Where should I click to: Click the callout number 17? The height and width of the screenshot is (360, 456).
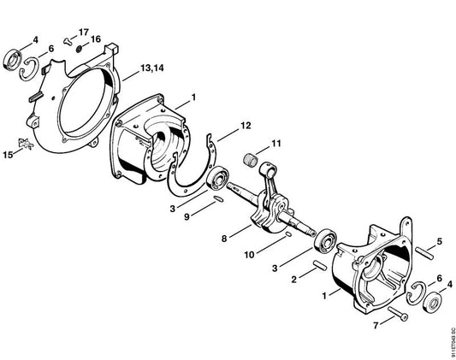pyautogui.click(x=84, y=32)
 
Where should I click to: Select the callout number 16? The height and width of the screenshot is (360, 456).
pyautogui.click(x=95, y=39)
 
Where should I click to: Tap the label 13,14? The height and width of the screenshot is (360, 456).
pyautogui.click(x=152, y=68)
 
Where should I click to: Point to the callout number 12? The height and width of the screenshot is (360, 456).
pyautogui.click(x=246, y=126)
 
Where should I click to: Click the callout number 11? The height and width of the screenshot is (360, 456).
pyautogui.click(x=276, y=144)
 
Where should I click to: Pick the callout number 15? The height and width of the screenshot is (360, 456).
pyautogui.click(x=9, y=155)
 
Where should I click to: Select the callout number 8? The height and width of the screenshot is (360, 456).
pyautogui.click(x=224, y=239)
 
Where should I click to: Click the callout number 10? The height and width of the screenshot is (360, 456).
pyautogui.click(x=249, y=255)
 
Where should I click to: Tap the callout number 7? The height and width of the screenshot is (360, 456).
pyautogui.click(x=376, y=326)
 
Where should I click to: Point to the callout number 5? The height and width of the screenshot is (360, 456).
pyautogui.click(x=439, y=241)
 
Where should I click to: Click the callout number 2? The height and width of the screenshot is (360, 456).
pyautogui.click(x=294, y=280)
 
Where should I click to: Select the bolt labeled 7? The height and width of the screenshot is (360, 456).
pyautogui.click(x=398, y=313)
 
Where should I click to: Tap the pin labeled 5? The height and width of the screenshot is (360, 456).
pyautogui.click(x=424, y=253)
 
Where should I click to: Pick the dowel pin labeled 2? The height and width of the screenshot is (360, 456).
pyautogui.click(x=320, y=265)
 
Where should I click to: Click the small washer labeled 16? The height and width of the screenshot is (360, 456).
pyautogui.click(x=79, y=49)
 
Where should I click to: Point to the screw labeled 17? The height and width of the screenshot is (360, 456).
pyautogui.click(x=68, y=41)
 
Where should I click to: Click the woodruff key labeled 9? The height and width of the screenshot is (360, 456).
pyautogui.click(x=217, y=198)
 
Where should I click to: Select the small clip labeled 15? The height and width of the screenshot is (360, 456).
pyautogui.click(x=26, y=144)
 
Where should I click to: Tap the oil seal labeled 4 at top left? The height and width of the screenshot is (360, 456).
pyautogui.click(x=13, y=61)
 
